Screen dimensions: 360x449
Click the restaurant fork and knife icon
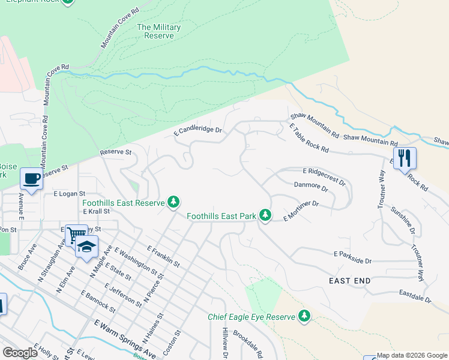[x=405, y=158]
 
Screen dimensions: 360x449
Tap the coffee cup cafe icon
[x=31, y=178]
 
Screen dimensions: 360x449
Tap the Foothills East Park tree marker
[x=265, y=215]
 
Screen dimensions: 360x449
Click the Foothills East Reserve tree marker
[x=173, y=203]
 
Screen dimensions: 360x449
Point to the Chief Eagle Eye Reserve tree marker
[x=304, y=316]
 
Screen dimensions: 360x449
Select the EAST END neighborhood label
[x=349, y=281]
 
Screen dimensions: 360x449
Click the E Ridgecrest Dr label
[x=325, y=175]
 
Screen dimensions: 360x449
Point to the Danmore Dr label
[x=310, y=187]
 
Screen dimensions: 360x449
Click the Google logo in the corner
[x=20, y=353]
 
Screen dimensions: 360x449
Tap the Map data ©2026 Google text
[x=412, y=356]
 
